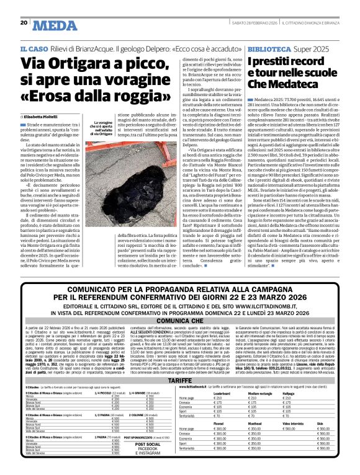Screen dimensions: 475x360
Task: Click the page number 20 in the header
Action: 24,24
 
